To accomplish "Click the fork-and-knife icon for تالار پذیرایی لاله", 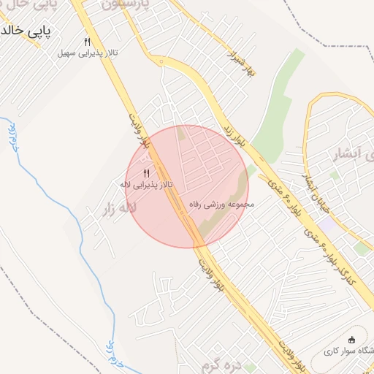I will coord(145,173).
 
